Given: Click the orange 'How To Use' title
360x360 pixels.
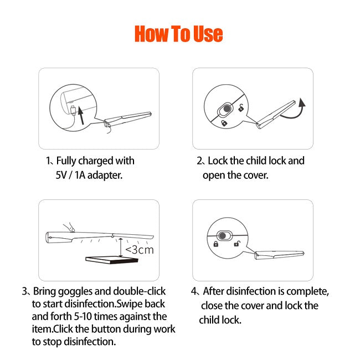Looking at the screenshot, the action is pos(179,34).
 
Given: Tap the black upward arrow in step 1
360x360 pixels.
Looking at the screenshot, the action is pos(81,115).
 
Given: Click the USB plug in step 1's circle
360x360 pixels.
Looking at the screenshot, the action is pos(73,110).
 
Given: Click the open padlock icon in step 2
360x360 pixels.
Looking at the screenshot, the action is pos(241,108).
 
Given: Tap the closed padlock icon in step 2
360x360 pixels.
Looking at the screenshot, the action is pos(224,123).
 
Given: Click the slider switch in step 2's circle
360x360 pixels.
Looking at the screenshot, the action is pos(225,109).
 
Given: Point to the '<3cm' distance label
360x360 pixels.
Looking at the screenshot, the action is pos(140,250).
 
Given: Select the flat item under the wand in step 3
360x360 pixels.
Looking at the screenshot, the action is pos(112,260).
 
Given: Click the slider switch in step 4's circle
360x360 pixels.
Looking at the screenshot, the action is pos(224,236).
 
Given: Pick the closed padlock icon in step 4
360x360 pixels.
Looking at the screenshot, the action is pos(216,244).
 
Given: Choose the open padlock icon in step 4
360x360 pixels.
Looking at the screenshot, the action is pos(236,244).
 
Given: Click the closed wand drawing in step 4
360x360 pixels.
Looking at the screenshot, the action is pos(279,255).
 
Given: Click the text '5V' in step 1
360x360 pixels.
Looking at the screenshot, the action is pos(61,175).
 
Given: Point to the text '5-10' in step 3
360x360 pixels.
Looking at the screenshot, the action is pos(83,317).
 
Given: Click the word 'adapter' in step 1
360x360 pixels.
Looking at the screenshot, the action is pos(105,176).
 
